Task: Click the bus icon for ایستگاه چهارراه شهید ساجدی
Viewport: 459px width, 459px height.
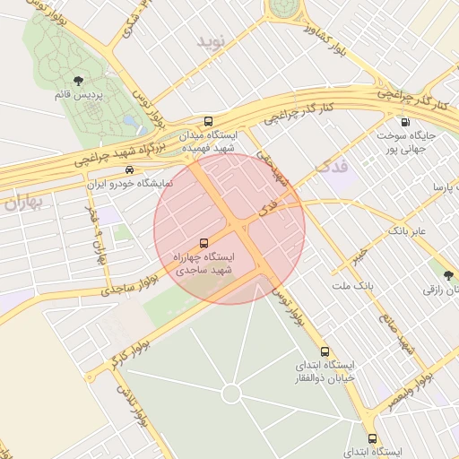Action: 204,242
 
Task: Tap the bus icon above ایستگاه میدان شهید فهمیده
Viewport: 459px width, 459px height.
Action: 208,121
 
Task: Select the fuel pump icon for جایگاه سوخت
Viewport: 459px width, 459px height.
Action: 405,122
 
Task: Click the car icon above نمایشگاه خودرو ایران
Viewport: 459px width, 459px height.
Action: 131,169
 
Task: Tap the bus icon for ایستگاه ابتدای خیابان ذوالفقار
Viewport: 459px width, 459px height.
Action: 325,352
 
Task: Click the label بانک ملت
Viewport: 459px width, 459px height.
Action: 351,286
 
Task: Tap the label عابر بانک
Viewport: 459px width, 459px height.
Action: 410,231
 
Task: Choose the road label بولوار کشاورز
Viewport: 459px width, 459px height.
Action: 328,39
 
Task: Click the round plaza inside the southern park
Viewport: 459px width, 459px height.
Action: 231,393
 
